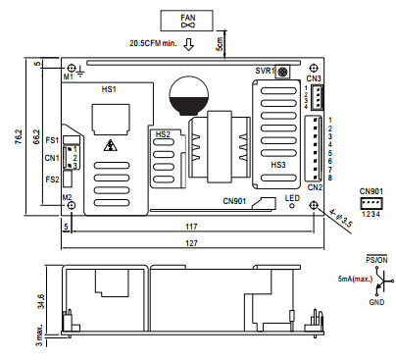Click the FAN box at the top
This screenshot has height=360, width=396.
point(186,21)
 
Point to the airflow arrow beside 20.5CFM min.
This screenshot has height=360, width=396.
point(188,44)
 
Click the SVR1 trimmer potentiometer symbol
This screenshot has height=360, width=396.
point(282,72)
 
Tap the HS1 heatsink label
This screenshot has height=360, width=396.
point(109,89)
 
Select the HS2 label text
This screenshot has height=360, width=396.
point(163,134)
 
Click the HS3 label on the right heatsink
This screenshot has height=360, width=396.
point(278,165)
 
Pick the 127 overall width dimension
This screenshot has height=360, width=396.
point(191,243)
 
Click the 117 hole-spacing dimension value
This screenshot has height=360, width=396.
point(191,227)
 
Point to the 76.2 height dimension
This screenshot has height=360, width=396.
point(19,137)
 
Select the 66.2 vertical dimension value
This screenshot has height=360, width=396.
point(36,137)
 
